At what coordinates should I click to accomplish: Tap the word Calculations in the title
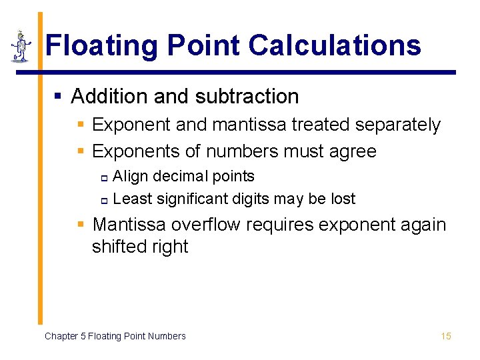click(x=335, y=45)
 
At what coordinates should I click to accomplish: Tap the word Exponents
click(x=136, y=151)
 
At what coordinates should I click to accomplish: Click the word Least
click(x=131, y=199)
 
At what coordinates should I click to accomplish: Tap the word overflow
click(x=206, y=224)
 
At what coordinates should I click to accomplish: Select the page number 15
click(x=446, y=336)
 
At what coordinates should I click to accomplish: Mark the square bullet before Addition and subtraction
click(x=58, y=97)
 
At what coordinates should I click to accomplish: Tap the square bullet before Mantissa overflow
click(x=81, y=225)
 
